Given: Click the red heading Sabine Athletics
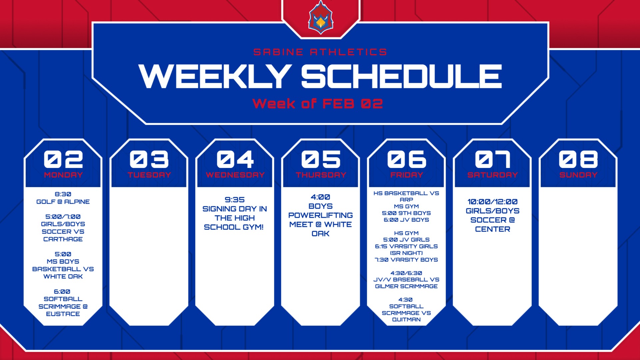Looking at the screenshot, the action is click(320, 52).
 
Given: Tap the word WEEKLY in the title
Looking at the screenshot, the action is click(215, 76).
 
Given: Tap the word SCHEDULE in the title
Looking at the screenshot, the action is click(402, 76).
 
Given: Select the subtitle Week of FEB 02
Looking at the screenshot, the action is click(318, 104).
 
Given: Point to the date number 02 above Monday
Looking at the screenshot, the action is click(63, 159).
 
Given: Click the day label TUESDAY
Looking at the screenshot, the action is click(149, 175).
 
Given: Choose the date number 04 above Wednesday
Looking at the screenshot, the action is click(235, 159).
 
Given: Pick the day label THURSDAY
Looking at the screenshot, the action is click(321, 175).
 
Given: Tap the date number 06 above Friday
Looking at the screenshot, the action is click(407, 159).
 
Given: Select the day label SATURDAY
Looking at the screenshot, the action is click(493, 175).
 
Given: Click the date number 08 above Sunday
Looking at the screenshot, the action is click(578, 159).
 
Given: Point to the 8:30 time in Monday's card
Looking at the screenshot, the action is click(63, 194).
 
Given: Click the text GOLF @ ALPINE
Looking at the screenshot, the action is click(63, 202).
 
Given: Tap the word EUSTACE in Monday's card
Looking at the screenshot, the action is click(63, 314).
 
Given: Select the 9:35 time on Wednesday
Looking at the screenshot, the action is click(235, 200).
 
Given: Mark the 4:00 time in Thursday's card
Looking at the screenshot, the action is click(320, 197).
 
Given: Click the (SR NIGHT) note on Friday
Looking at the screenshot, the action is click(406, 253).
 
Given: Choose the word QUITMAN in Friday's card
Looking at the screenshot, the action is click(406, 319).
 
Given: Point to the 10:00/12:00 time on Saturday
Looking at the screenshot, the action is click(493, 202).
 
